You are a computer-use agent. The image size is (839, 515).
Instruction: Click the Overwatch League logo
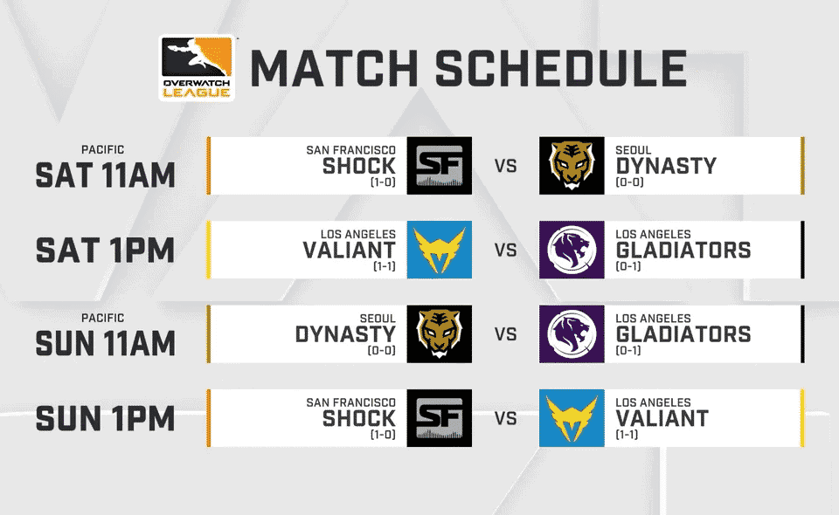click(197, 68)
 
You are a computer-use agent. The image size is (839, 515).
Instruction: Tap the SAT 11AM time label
click(105, 175)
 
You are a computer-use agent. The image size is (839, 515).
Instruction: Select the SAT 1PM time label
click(105, 251)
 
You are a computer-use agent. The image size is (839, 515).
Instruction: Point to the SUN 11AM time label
click(105, 343)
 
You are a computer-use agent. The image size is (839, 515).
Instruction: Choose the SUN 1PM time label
click(105, 419)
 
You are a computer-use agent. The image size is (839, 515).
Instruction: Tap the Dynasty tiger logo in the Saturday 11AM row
click(572, 166)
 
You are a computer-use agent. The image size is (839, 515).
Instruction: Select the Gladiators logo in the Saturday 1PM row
click(572, 250)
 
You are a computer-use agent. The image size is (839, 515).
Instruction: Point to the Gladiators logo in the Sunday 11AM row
click(572, 334)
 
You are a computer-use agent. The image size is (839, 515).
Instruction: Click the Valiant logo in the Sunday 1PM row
click(572, 418)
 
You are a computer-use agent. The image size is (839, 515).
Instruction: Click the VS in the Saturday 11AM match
click(506, 166)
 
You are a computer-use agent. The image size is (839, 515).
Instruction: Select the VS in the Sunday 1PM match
click(506, 418)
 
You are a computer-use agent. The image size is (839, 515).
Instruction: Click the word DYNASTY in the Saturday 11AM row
click(666, 166)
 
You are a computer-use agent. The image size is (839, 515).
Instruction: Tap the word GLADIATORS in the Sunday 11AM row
click(683, 334)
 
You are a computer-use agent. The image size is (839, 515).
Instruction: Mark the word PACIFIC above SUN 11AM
click(103, 319)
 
